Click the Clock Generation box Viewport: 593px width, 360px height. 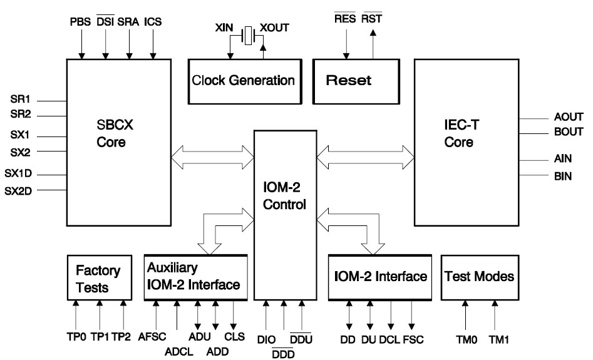coord(244,81)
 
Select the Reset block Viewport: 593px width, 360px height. coord(358,81)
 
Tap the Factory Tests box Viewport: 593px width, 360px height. coord(100,279)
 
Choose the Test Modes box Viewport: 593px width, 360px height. coord(479,276)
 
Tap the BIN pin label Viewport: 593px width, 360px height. coord(563,177)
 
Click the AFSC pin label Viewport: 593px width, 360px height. coord(152,336)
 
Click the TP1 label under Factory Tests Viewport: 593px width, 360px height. coord(100,336)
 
